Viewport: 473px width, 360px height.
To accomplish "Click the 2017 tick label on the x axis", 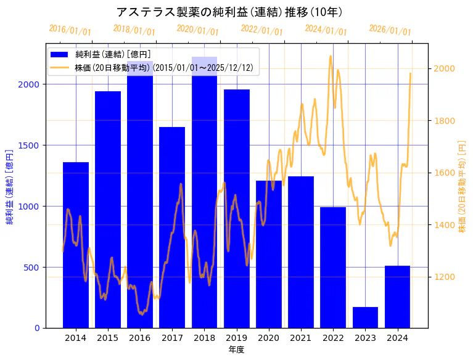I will coord(172,337).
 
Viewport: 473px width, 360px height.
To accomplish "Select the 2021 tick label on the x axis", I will coord(301,337).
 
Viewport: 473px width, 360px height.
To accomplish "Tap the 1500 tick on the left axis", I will coord(32,145).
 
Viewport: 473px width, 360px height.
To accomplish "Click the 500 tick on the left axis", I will coord(35,268).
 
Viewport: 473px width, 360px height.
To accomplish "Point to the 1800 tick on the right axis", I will coord(446,121).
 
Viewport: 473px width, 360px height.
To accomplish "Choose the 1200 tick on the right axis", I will coord(446,277).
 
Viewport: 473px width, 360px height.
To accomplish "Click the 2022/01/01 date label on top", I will coord(261,30).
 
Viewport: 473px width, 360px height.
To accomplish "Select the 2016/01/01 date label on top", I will coord(70,30).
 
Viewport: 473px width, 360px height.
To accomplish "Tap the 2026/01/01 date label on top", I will coord(390,30).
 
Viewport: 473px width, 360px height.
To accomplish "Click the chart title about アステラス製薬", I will coord(229,12).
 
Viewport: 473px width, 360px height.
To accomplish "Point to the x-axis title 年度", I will coord(236,349).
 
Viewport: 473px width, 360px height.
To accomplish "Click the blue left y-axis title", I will coord(9,187).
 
